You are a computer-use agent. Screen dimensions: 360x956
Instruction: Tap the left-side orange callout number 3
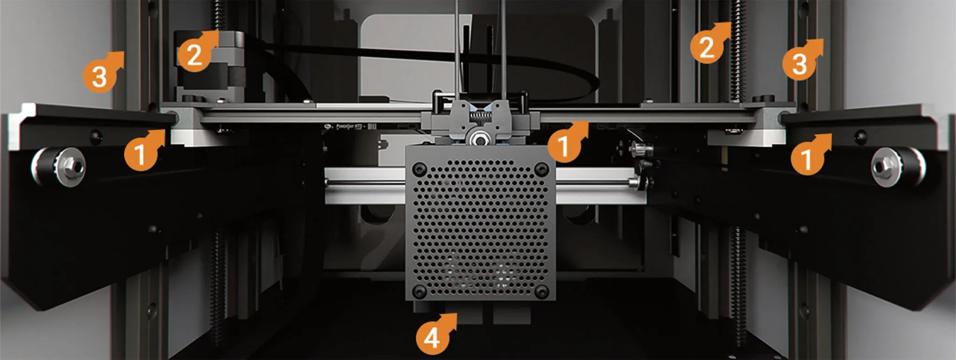99,76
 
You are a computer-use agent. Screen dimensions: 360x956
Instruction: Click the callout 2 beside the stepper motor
194,55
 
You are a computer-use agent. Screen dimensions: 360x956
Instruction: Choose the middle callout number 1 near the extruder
564,146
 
